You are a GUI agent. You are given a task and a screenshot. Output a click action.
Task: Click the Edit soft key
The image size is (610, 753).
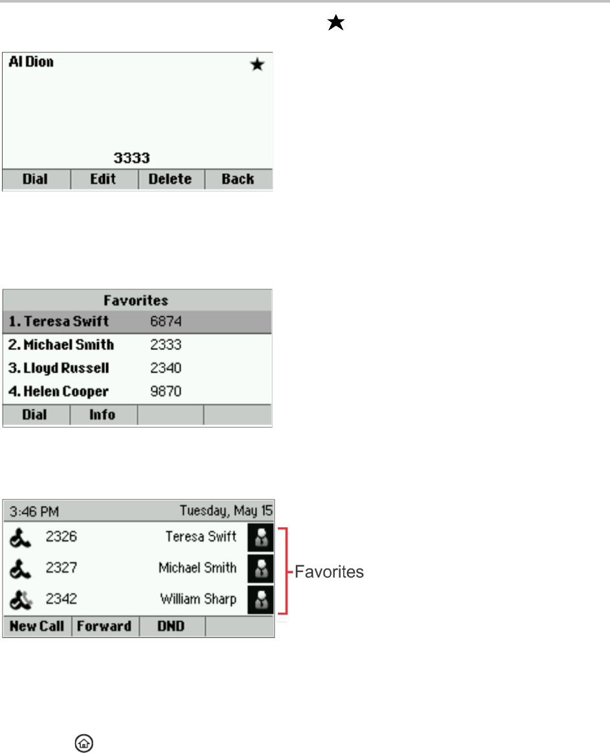tap(104, 180)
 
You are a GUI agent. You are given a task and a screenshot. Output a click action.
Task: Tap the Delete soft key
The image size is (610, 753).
tap(171, 180)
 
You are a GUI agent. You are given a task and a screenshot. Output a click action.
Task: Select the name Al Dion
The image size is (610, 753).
tap(31, 63)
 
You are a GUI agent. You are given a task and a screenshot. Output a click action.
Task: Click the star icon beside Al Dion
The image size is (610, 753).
tap(258, 65)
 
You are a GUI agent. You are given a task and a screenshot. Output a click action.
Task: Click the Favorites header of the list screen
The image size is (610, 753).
tap(137, 301)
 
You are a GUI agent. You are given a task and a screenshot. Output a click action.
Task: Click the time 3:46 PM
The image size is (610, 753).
tap(34, 512)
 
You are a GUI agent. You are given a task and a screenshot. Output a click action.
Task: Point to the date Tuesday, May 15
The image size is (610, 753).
tap(226, 512)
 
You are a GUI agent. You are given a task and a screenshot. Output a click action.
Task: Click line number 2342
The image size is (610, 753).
tap(62, 599)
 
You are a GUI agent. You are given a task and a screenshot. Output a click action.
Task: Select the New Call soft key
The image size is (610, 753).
tap(37, 627)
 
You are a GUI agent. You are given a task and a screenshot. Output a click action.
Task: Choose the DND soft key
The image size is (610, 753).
tap(171, 627)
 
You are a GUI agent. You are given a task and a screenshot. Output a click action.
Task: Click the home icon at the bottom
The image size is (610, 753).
tap(83, 744)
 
